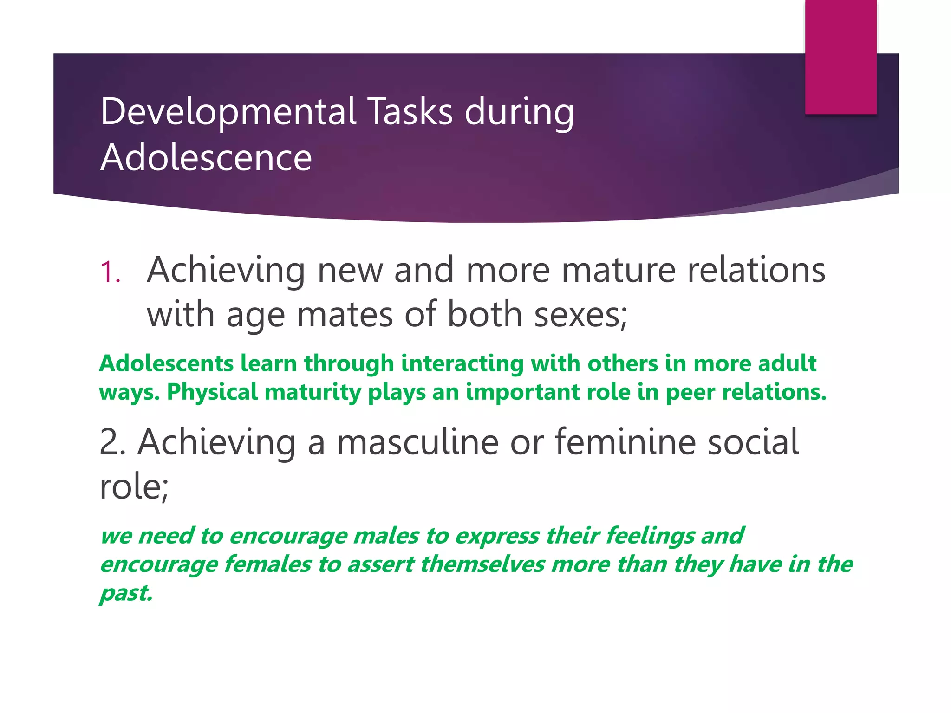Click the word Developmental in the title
tap(228, 112)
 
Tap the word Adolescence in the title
tap(206, 158)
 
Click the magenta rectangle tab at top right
tap(840, 57)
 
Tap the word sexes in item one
tap(580, 314)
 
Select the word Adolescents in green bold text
tap(166, 363)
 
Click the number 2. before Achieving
tap(112, 442)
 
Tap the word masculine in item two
tap(417, 442)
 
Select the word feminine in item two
tap(625, 442)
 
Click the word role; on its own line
tap(134, 487)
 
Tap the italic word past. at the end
tap(126, 594)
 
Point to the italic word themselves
tap(482, 565)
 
